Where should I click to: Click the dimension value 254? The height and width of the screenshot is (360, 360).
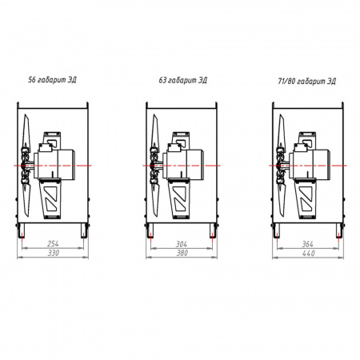53,243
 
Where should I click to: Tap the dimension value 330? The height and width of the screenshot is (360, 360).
53,253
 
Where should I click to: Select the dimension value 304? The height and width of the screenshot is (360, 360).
182,244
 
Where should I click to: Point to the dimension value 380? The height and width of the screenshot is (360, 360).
182,253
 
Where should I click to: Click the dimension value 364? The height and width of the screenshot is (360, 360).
307,244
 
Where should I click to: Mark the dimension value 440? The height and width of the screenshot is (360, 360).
308,254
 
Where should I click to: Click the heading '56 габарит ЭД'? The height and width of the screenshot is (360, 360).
52,80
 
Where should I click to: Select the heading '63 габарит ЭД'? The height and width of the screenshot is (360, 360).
182,80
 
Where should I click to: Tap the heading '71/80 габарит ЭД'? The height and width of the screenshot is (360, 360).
306,81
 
